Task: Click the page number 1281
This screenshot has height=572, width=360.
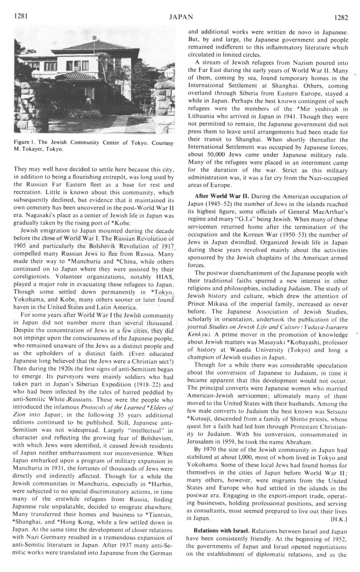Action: click(x=21, y=16)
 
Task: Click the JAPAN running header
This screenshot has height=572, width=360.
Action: click(x=180, y=17)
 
